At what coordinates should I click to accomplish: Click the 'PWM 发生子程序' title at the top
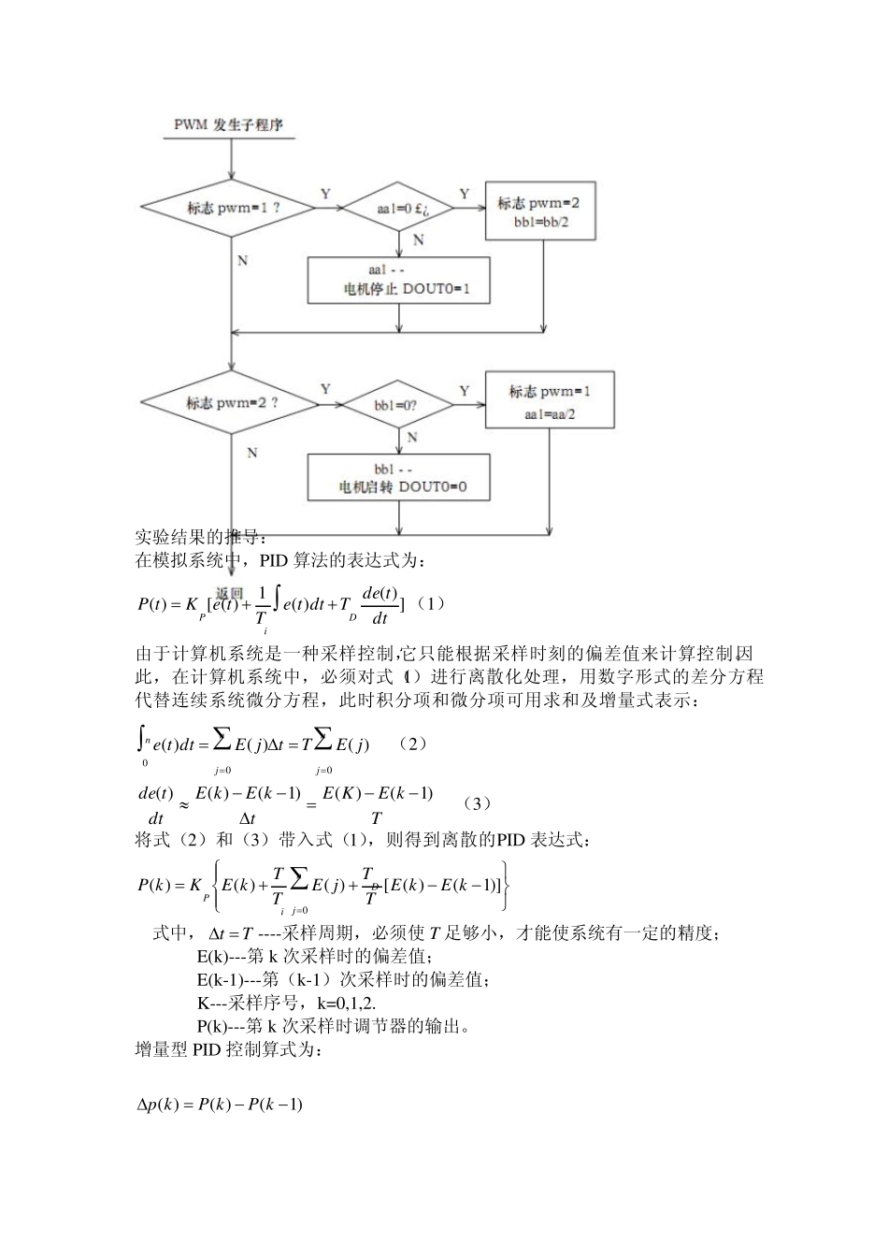coord(229,124)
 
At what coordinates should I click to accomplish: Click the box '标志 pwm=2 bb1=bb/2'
coord(540,211)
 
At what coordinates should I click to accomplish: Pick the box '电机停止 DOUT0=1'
coord(399,280)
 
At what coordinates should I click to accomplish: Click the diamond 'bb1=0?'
coord(400,406)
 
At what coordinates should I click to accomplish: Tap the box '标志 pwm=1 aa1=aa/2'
coord(550,401)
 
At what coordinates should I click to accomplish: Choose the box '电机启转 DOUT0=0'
coord(399,478)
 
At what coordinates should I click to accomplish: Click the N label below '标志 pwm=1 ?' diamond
coord(243,260)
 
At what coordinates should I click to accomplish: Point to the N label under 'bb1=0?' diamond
coord(411,438)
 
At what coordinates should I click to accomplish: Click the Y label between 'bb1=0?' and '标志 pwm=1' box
coord(464,391)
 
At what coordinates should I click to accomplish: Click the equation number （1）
coord(429,603)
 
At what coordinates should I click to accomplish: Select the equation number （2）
coord(411,743)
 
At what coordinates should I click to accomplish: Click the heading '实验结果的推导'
coord(201,537)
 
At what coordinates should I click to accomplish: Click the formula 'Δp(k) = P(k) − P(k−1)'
coord(220,1105)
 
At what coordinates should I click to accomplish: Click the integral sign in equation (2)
coord(140,743)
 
